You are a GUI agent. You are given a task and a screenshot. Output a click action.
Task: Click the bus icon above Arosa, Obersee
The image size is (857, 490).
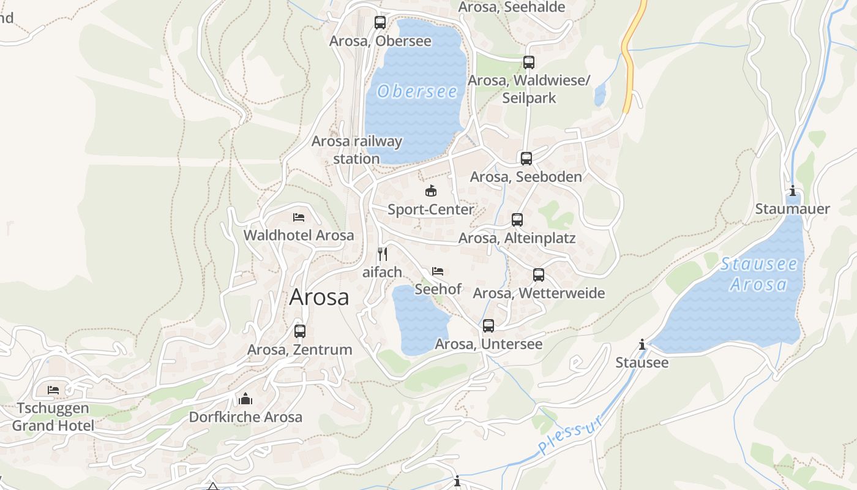[380, 23]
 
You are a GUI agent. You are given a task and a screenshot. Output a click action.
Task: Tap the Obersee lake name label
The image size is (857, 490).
[417, 92]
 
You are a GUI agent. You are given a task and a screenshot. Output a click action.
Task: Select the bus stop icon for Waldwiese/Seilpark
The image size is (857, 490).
[529, 62]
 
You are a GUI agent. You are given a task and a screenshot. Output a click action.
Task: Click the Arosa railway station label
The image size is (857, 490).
[357, 150]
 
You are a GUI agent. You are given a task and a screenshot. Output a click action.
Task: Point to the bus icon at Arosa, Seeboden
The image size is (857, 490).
[526, 159]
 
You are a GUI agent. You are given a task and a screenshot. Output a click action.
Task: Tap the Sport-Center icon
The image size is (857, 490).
[431, 191]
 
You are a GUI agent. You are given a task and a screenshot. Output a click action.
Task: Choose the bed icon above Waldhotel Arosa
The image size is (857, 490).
[299, 217]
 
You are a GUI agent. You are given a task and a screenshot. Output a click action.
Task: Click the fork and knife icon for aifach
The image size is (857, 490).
[383, 254]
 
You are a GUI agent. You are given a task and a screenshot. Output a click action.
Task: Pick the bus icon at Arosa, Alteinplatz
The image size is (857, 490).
[517, 220]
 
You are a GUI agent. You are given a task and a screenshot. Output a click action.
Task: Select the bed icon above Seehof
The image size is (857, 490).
[438, 271]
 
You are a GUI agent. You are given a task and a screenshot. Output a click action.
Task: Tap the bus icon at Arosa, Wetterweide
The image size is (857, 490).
[539, 275]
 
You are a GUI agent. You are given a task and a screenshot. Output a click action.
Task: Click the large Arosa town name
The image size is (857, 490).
[319, 297]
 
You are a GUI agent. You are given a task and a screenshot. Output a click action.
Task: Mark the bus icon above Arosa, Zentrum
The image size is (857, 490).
[300, 331]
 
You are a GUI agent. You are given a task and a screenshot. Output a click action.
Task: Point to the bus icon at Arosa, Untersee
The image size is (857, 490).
[488, 326]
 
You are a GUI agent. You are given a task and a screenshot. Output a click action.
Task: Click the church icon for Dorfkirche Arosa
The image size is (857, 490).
[245, 399]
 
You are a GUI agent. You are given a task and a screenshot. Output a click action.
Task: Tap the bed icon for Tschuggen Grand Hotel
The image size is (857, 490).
[53, 390]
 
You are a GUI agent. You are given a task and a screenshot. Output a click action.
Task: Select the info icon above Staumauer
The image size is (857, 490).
[793, 191]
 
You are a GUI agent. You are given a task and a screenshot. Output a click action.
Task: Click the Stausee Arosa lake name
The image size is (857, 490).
[759, 274]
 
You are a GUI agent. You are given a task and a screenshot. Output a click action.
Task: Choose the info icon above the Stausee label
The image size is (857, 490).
[642, 345]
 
